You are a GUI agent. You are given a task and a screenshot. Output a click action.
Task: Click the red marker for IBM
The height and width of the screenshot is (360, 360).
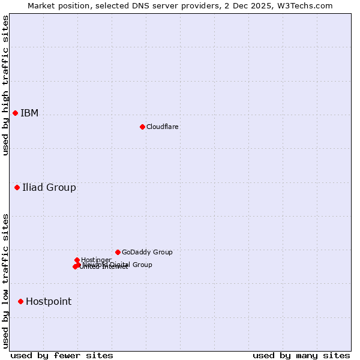(x=15, y=113)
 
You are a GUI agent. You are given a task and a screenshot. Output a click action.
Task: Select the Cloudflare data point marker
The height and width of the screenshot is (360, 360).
(x=142, y=127)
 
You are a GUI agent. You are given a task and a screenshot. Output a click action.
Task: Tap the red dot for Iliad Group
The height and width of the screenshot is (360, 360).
(x=17, y=188)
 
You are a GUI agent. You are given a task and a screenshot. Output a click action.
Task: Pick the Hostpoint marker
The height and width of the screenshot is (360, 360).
(x=20, y=301)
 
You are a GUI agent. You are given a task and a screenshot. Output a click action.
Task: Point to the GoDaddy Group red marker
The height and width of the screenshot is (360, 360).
(x=118, y=252)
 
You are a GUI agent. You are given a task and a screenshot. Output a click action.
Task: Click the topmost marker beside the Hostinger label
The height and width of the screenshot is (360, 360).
(x=77, y=260)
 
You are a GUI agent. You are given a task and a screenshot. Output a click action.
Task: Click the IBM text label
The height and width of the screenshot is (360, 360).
(x=29, y=113)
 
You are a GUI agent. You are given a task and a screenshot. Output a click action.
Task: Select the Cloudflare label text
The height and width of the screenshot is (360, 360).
(x=162, y=127)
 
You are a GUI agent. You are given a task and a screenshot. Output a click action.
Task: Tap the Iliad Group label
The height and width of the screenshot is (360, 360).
(x=49, y=188)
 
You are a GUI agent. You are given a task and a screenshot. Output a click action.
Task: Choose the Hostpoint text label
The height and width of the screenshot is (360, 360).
(x=49, y=302)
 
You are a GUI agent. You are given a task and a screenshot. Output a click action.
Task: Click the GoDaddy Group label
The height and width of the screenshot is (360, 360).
(x=147, y=253)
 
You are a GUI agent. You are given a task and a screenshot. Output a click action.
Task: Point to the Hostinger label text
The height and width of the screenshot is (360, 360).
(x=96, y=260)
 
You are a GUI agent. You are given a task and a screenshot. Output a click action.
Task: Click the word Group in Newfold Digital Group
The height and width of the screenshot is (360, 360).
(x=142, y=265)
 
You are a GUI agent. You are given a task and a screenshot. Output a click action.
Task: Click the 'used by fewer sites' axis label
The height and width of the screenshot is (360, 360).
(x=62, y=355)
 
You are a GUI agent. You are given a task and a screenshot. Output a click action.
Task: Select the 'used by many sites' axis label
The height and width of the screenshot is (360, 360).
(x=301, y=355)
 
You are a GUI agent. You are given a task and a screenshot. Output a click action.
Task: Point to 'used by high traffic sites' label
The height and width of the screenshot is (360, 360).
(x=5, y=85)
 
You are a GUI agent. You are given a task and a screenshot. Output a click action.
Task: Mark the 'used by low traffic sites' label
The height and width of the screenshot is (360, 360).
(x=5, y=280)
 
